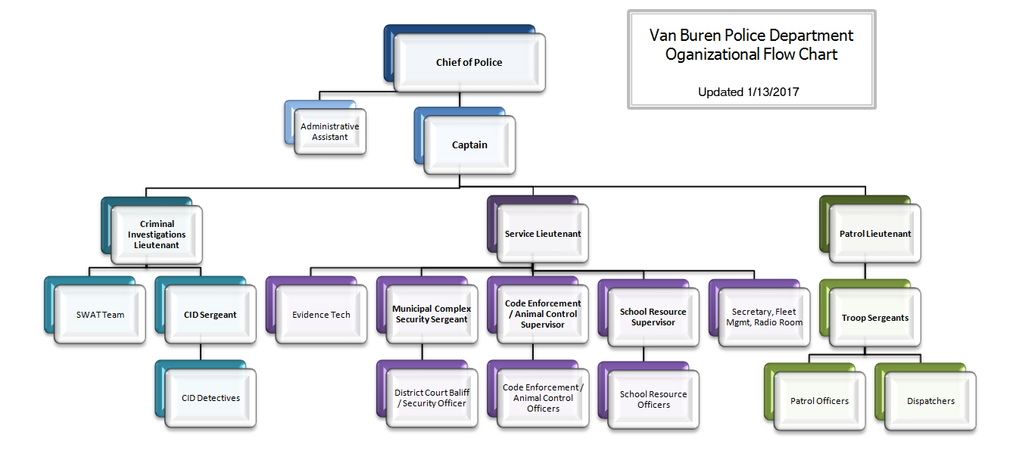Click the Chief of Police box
[x=469, y=63]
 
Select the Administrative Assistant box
[x=330, y=132]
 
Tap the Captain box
[x=470, y=145]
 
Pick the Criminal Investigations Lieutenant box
[x=157, y=235]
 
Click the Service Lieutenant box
[x=543, y=235]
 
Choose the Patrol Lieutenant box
[x=875, y=235]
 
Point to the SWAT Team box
[x=100, y=315]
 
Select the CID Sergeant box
[x=210, y=315]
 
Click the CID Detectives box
[x=210, y=398]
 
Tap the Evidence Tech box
[x=321, y=315]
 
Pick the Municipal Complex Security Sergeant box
[x=432, y=315]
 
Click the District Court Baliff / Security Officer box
[x=432, y=398]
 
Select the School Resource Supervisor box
[x=653, y=317]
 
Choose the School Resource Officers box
[x=653, y=399]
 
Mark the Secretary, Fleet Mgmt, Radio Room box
[x=764, y=317]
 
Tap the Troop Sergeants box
[x=875, y=319]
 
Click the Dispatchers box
[x=931, y=401]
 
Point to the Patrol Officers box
[x=819, y=401]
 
